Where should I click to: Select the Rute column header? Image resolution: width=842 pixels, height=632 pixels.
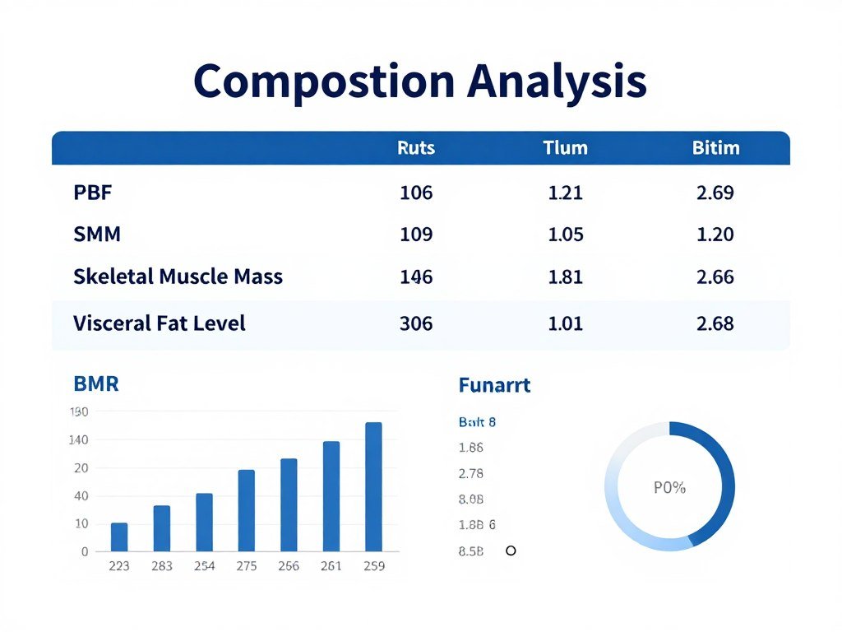pos(416,148)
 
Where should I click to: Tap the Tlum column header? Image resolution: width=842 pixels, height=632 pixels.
pos(565,148)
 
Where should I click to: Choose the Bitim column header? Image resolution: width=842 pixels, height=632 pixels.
pos(715,148)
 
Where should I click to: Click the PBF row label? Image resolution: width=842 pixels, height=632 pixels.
pos(93,193)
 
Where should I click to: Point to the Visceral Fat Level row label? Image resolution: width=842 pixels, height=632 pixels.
pos(159,323)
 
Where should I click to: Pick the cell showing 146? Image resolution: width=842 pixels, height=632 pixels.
pos(416,277)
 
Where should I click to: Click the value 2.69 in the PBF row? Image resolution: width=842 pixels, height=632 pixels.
pos(715,193)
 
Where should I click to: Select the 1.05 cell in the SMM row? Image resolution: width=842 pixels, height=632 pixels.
pos(565,235)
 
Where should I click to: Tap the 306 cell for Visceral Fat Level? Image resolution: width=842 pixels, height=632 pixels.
pos(416,323)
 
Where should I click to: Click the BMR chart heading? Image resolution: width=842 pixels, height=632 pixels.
pos(96,383)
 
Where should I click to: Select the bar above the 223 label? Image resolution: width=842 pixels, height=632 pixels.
pos(119,537)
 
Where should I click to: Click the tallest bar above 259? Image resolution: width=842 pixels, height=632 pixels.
pos(373,486)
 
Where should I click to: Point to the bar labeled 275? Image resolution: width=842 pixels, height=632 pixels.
pos(247,510)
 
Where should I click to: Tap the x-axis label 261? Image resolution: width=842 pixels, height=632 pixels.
pos(331,566)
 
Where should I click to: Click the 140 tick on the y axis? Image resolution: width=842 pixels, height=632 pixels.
pos(78,440)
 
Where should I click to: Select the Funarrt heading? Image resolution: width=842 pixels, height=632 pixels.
pos(493,384)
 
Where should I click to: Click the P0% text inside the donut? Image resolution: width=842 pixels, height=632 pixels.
pos(669,487)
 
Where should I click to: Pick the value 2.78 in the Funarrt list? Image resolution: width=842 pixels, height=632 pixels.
pos(470,473)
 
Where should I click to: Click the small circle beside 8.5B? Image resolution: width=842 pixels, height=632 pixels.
pos(511,551)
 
